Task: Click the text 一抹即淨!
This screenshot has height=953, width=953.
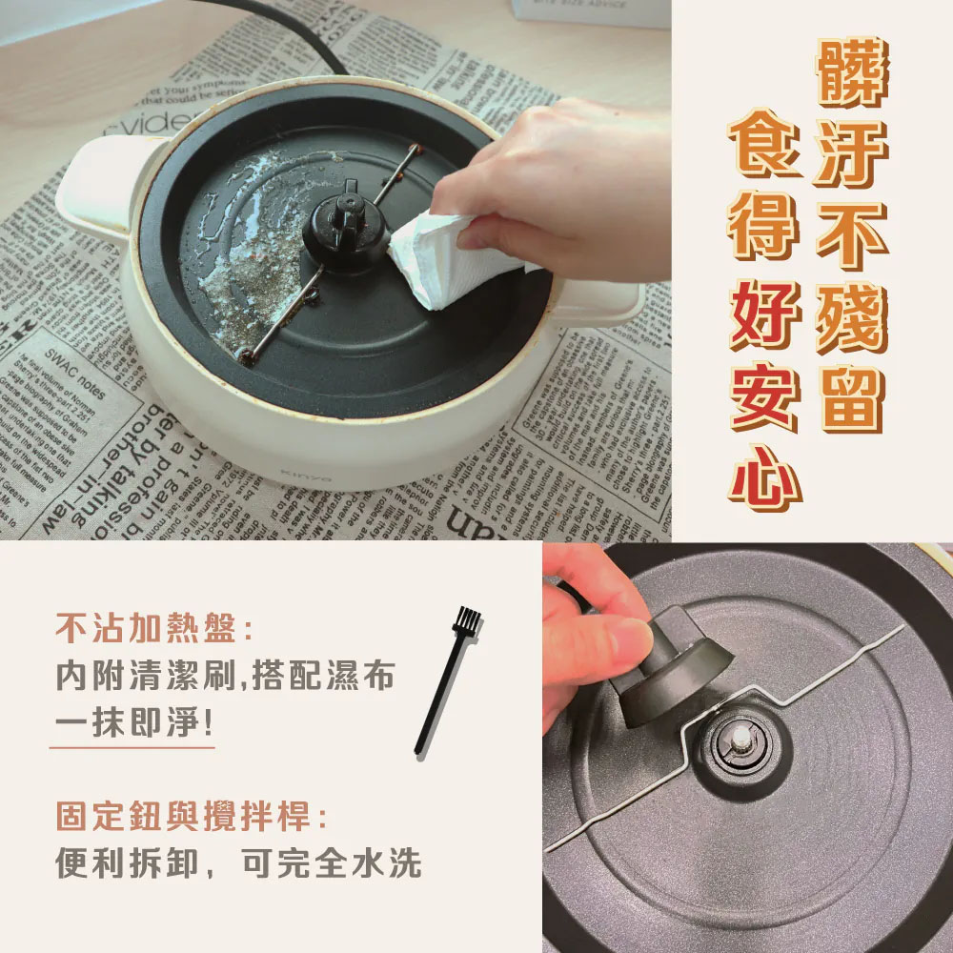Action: pyautogui.click(x=132, y=722)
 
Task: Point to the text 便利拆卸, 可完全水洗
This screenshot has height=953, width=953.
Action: pyautogui.click(x=238, y=863)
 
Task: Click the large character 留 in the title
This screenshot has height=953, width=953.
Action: pyautogui.click(x=851, y=397)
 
